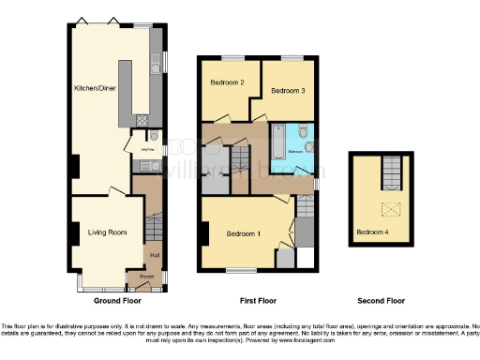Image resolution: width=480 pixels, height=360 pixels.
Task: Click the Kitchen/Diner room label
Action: coord(96,89)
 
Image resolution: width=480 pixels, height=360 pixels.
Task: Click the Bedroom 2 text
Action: coord(227,82)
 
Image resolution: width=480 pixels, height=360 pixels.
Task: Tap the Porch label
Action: coord(146,277)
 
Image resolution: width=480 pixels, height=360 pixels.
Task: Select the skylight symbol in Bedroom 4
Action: coord(384,209)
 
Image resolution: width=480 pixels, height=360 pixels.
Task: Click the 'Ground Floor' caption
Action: coord(118,301)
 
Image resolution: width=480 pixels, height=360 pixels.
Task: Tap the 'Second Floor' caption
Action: coord(381,301)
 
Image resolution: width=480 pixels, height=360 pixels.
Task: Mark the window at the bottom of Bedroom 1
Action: coord(241,271)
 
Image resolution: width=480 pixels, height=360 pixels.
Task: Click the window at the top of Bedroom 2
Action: coord(228,58)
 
